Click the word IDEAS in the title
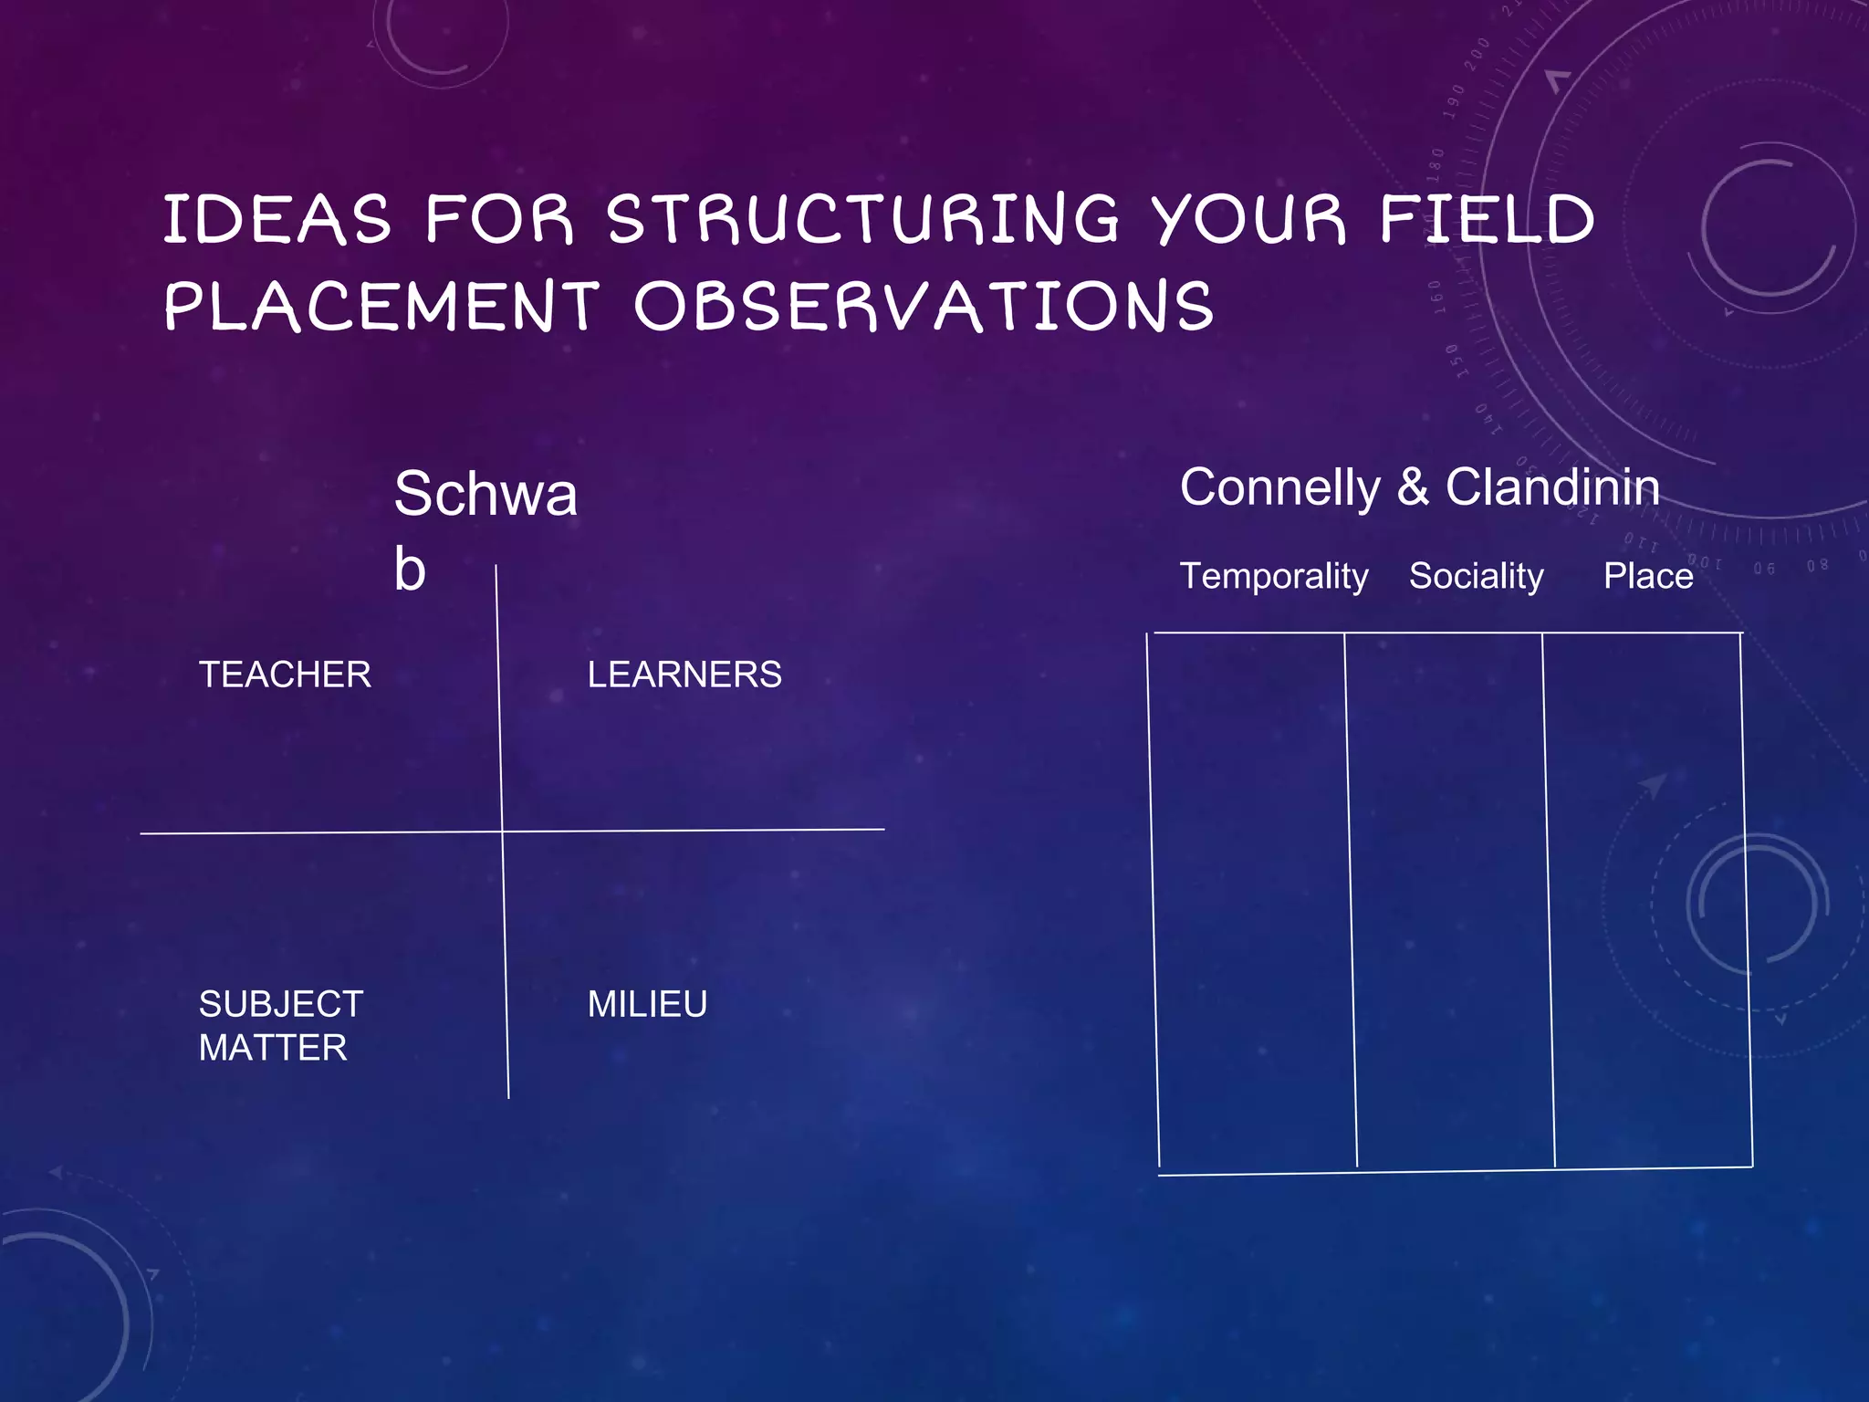tap(277, 220)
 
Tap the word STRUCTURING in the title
tap(862, 220)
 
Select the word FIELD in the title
tap(1487, 220)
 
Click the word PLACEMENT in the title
tap(382, 307)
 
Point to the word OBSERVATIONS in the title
tap(924, 307)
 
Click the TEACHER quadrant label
tap(285, 675)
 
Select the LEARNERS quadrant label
tap(684, 675)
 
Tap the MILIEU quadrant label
tap(647, 1005)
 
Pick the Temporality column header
tap(1274, 577)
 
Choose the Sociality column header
tap(1476, 577)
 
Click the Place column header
tap(1648, 577)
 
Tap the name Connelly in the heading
tap(1279, 487)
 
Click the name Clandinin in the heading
tap(1552, 487)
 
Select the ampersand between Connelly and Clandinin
tap(1413, 487)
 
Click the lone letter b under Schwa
tap(410, 570)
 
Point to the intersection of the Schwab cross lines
tap(502, 832)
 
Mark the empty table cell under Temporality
tap(1251, 899)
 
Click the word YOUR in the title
tap(1248, 220)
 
